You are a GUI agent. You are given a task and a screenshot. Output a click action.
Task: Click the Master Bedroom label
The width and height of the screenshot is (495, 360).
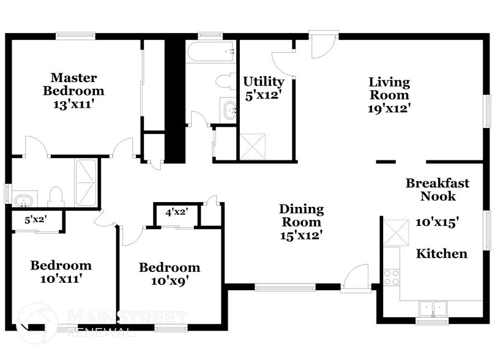(x=73, y=84)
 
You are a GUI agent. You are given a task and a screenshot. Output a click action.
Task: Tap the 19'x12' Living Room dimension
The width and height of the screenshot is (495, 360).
(x=389, y=108)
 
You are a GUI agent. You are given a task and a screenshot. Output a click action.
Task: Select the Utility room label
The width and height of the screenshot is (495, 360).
(x=263, y=81)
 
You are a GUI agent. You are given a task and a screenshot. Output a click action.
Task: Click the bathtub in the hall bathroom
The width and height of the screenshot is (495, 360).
(x=211, y=51)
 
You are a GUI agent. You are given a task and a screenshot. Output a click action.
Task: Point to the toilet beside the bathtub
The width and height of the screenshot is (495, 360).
(x=225, y=81)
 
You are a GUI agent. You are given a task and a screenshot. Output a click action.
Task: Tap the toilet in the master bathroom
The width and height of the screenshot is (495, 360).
(x=56, y=196)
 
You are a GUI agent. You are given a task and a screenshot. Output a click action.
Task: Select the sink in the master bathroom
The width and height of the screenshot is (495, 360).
(x=23, y=200)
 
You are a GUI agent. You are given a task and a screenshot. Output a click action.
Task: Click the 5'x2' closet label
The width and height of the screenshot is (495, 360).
(x=35, y=219)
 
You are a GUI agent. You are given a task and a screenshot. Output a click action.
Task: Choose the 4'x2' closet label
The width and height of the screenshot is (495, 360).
(x=176, y=212)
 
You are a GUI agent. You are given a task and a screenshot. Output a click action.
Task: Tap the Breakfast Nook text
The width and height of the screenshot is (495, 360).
(x=437, y=189)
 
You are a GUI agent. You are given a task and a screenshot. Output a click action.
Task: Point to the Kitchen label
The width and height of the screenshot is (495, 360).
(x=442, y=253)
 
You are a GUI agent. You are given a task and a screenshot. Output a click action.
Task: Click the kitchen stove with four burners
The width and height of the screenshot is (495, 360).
(x=391, y=277)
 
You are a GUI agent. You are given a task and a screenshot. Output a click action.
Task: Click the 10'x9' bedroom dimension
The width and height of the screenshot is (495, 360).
(x=169, y=281)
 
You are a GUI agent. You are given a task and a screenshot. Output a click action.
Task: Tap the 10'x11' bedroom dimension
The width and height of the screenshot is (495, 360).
(x=61, y=279)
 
